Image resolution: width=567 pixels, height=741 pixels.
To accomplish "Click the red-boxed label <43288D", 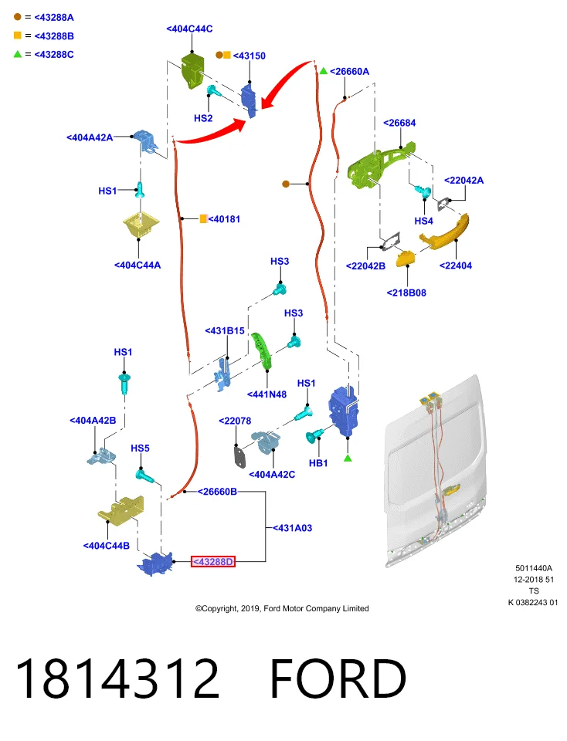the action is click(212, 561).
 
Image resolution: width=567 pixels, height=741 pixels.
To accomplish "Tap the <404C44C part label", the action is click(189, 29).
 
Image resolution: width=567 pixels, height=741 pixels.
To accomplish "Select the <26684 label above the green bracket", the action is click(399, 123).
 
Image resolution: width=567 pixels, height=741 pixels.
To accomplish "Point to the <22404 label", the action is click(456, 266).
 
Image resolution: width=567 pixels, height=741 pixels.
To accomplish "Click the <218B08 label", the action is click(406, 293).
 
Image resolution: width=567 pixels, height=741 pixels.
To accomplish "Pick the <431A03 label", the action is click(292, 528).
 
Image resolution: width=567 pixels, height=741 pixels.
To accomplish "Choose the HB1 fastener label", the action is click(318, 463).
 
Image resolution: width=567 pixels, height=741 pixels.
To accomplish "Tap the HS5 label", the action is click(140, 448).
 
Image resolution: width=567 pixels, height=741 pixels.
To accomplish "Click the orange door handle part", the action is click(444, 232).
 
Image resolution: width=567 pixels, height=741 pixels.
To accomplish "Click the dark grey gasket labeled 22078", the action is click(239, 456).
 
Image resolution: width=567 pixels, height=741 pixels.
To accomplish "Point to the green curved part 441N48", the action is click(262, 350).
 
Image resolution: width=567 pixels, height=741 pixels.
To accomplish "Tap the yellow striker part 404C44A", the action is click(141, 225).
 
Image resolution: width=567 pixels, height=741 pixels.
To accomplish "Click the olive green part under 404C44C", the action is click(192, 71).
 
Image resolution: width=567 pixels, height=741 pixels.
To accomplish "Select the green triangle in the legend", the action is click(18, 54).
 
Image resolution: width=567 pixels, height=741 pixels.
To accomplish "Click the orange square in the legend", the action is click(18, 36).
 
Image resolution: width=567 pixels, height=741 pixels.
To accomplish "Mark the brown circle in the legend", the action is click(18, 17).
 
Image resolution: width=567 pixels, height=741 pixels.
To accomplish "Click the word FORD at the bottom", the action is click(338, 678).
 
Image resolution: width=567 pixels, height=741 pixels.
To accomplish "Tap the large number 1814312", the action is click(117, 678).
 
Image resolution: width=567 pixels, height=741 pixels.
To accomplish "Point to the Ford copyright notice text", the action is click(282, 609).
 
